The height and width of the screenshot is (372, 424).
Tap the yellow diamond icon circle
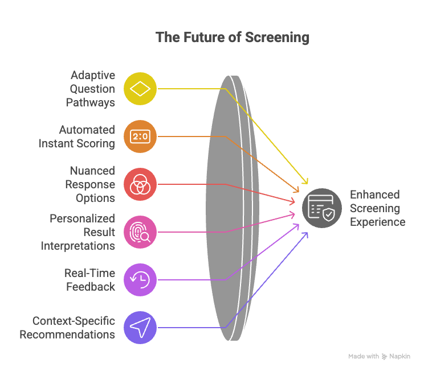[x=140, y=89]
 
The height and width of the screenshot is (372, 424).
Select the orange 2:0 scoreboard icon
[x=140, y=137]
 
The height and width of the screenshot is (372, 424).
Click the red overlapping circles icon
[x=140, y=184]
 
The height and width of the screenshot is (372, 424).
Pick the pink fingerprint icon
[x=140, y=232]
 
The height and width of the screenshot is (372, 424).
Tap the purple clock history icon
[x=140, y=280]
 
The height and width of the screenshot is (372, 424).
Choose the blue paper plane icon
[x=140, y=328]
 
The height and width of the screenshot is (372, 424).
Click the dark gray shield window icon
[x=322, y=208]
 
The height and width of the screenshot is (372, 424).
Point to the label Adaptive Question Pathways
[x=92, y=89]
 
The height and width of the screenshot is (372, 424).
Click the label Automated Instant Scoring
[x=77, y=137]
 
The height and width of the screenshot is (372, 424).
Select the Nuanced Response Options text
[x=92, y=184]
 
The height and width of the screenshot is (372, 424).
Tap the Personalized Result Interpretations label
[x=78, y=232]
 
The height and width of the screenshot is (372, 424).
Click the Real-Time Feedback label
[x=89, y=280]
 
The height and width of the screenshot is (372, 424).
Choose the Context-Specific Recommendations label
[x=67, y=328]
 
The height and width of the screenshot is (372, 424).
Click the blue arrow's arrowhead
[x=307, y=233]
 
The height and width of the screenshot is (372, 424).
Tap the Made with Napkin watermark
[x=379, y=357]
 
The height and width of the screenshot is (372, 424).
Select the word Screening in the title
[x=278, y=38]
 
